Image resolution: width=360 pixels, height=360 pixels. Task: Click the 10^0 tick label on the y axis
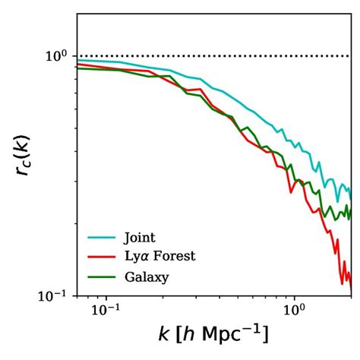click(58, 56)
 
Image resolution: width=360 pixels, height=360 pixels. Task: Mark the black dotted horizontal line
click(213, 56)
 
